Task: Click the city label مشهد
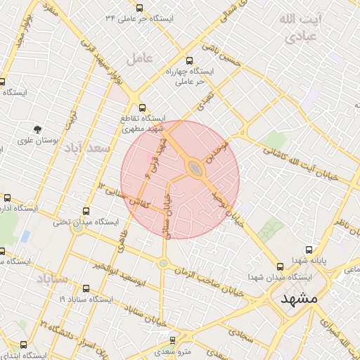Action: pos(300,299)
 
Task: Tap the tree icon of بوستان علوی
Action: pos(37,128)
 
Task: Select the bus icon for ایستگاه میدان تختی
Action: pos(86,210)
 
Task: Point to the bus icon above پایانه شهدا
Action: pos(309,250)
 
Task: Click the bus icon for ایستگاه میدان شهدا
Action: pos(281,266)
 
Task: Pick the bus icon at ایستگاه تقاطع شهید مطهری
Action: pos(143,108)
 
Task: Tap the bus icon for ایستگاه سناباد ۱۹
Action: pos(86,288)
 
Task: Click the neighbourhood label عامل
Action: pos(139,60)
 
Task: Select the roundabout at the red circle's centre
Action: pos(193,167)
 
